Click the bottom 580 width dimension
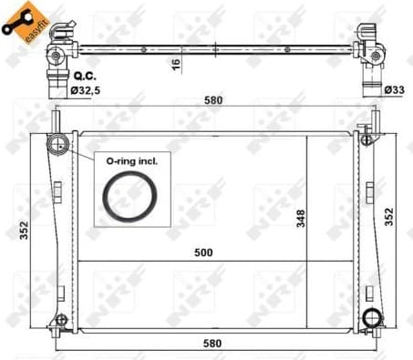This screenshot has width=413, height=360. click(212, 342)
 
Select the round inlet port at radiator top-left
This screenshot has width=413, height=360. click(60, 143)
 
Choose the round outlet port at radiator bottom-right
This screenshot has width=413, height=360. click(371, 318)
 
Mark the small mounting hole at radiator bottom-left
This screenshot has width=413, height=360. click(60, 320)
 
